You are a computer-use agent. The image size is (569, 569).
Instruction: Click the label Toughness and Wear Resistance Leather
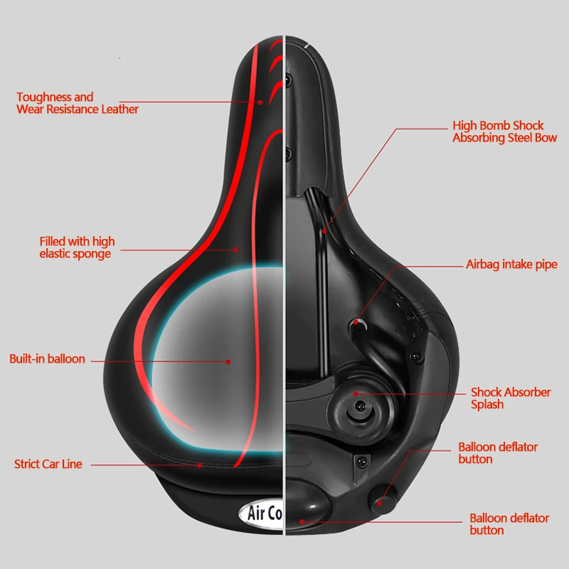78,103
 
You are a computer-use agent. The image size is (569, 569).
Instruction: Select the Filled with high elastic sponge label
77,248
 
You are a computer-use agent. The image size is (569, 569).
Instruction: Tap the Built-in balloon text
47,358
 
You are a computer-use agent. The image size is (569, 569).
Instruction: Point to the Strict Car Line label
48,464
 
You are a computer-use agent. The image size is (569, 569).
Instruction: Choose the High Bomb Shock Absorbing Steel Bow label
504,132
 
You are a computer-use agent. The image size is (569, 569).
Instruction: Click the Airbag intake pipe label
511,264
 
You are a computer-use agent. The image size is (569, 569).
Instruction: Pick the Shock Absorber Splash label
511,398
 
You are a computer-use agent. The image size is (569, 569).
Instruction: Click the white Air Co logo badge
261,513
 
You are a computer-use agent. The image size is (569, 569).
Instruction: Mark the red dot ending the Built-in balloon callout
228,362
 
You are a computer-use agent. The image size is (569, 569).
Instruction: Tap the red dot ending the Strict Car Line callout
200,465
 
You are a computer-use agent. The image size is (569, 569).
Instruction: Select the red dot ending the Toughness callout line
260,102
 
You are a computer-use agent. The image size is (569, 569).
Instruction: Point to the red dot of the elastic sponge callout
236,250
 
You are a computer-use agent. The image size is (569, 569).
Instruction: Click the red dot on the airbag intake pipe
356,322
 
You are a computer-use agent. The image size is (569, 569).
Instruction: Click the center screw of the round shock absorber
361,406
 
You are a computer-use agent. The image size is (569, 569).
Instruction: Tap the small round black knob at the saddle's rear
383,500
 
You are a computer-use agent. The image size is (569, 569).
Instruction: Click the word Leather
119,110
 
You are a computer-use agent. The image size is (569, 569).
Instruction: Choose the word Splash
487,405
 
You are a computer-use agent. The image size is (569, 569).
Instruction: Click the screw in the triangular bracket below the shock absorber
361,462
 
